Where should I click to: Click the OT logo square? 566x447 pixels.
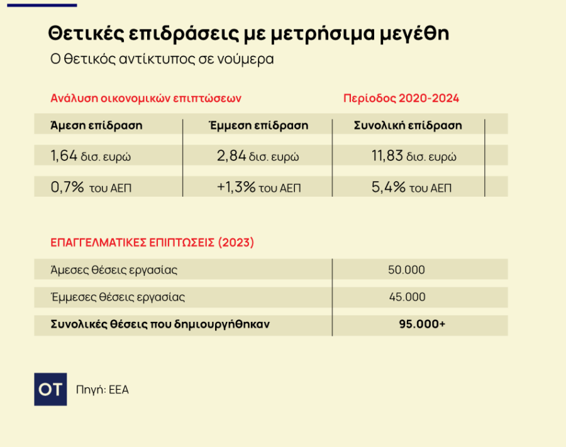50,390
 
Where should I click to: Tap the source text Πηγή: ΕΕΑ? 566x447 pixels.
102,390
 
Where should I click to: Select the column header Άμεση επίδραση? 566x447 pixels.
96,125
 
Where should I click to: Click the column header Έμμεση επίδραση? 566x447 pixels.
258,125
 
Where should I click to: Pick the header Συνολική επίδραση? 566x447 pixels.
408,125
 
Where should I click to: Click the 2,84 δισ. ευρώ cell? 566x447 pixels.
258,156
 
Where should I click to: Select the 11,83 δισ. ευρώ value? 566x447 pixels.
414,156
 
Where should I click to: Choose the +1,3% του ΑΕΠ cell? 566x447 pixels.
258,187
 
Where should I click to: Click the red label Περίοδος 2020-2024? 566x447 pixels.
401,99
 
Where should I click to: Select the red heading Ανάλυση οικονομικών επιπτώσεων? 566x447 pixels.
146,99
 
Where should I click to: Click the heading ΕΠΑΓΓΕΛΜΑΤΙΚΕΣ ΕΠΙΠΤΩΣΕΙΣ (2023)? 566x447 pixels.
152,242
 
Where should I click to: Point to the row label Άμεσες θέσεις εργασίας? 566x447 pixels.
114,270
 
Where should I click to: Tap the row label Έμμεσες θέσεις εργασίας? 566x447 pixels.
118,297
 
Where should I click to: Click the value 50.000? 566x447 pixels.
406,270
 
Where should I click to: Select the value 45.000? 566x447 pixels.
407,297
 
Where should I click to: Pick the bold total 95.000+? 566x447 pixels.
422,324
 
